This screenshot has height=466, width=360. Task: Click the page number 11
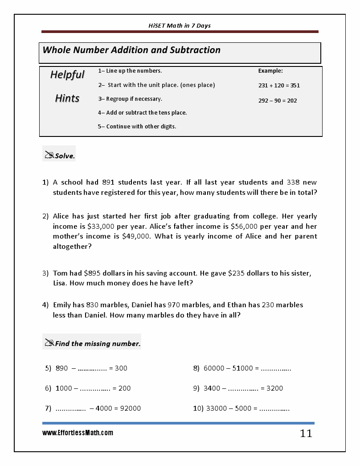click(x=306, y=433)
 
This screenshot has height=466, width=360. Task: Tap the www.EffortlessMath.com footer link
click(x=78, y=433)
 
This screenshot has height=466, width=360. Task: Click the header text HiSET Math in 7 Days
click(x=180, y=25)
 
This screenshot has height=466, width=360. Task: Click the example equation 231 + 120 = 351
click(x=279, y=85)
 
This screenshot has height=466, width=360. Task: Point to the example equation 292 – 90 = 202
click(x=277, y=100)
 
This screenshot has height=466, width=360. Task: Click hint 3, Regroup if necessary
click(x=130, y=99)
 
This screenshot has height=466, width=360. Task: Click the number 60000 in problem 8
click(x=214, y=368)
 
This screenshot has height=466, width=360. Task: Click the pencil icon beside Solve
click(x=49, y=155)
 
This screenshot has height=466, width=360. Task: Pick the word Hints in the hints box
click(x=67, y=98)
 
